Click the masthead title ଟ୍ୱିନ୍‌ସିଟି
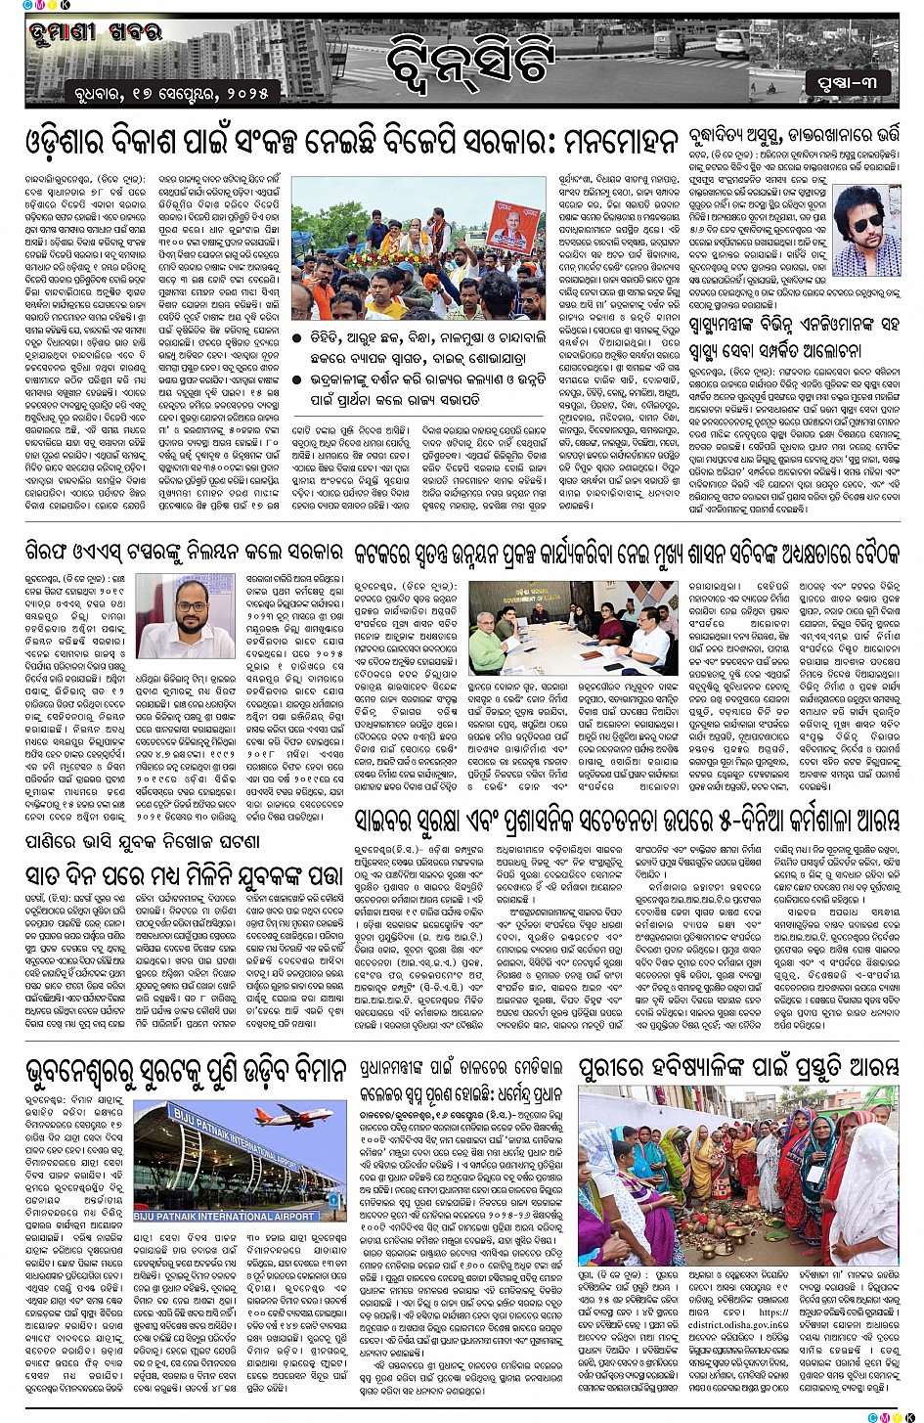469,58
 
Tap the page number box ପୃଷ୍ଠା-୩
848,83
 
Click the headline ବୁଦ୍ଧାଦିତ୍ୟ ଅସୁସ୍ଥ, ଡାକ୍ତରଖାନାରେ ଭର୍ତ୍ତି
791,136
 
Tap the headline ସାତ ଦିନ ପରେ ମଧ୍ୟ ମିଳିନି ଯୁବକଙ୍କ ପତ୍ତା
185,872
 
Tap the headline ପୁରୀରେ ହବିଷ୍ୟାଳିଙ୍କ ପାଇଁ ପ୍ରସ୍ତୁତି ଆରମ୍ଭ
738,1070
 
